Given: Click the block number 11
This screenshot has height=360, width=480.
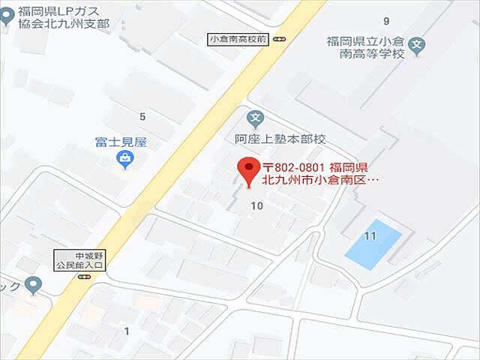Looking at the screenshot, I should (369, 236).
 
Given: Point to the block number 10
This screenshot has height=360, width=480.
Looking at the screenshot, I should (257, 205).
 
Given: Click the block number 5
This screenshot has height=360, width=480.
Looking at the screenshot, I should (142, 116).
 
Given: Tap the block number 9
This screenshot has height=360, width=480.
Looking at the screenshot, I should (386, 20).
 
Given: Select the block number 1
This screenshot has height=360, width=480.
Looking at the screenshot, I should (127, 331).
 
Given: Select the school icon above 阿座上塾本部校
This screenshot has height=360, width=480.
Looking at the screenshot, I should (256, 118).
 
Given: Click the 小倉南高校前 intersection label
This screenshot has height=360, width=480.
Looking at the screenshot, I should (238, 39).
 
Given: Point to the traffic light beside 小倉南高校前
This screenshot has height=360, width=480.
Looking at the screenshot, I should (280, 39).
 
